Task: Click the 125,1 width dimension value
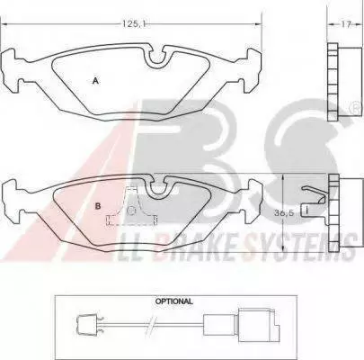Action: click(133, 24)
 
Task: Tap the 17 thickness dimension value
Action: click(346, 24)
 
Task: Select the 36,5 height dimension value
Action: click(283, 213)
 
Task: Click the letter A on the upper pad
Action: click(95, 80)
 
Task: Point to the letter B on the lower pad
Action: click(97, 206)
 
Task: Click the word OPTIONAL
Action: click(173, 301)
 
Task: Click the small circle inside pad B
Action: click(131, 211)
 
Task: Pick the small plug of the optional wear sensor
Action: click(87, 324)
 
